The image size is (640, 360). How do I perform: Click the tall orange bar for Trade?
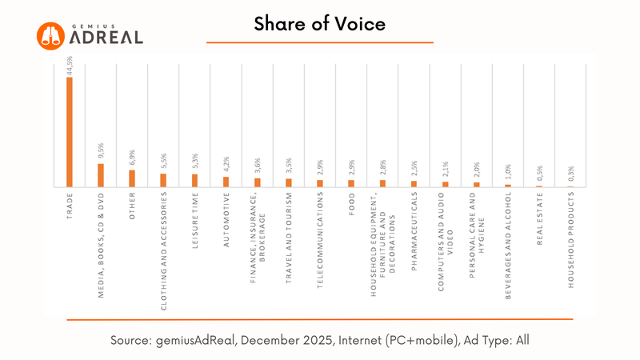70,131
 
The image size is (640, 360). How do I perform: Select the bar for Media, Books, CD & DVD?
101,175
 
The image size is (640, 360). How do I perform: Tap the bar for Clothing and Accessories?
163,180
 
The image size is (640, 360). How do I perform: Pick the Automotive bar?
226,182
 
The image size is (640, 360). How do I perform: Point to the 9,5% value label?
102,152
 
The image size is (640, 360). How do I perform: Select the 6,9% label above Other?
133,158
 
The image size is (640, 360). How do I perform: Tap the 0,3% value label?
570,175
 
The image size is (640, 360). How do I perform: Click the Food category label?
350,205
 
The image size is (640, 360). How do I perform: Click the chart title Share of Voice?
320,25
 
